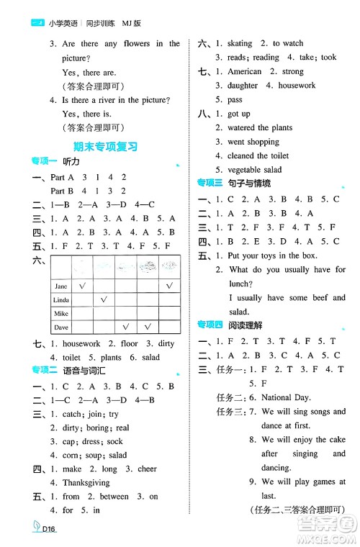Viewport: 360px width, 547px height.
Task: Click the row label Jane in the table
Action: [x=61, y=286]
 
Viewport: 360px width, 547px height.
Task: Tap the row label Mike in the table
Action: [x=61, y=314]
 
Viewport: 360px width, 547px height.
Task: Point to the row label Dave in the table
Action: [x=61, y=327]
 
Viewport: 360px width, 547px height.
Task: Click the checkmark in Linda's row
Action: [x=104, y=299]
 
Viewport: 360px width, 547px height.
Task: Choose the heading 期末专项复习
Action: [x=105, y=146]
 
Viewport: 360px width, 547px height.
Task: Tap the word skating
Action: [x=240, y=44]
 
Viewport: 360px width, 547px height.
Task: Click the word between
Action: [x=114, y=497]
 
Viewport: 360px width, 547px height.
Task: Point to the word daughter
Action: [x=242, y=86]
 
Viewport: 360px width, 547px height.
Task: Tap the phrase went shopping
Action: [x=253, y=142]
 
